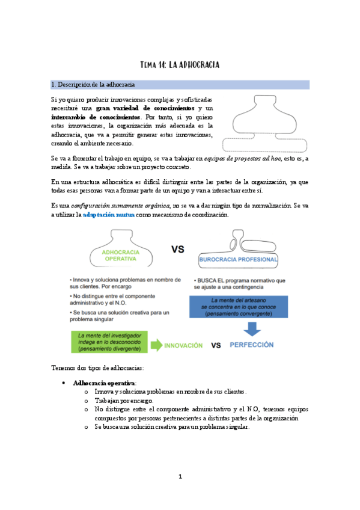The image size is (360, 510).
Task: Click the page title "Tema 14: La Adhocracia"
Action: (180, 64)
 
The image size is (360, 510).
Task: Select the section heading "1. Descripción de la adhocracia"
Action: (93, 84)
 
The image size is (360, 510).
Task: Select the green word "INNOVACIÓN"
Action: (185, 345)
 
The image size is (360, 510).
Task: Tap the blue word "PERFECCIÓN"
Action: (252, 345)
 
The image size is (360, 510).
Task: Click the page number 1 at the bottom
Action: (180, 477)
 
